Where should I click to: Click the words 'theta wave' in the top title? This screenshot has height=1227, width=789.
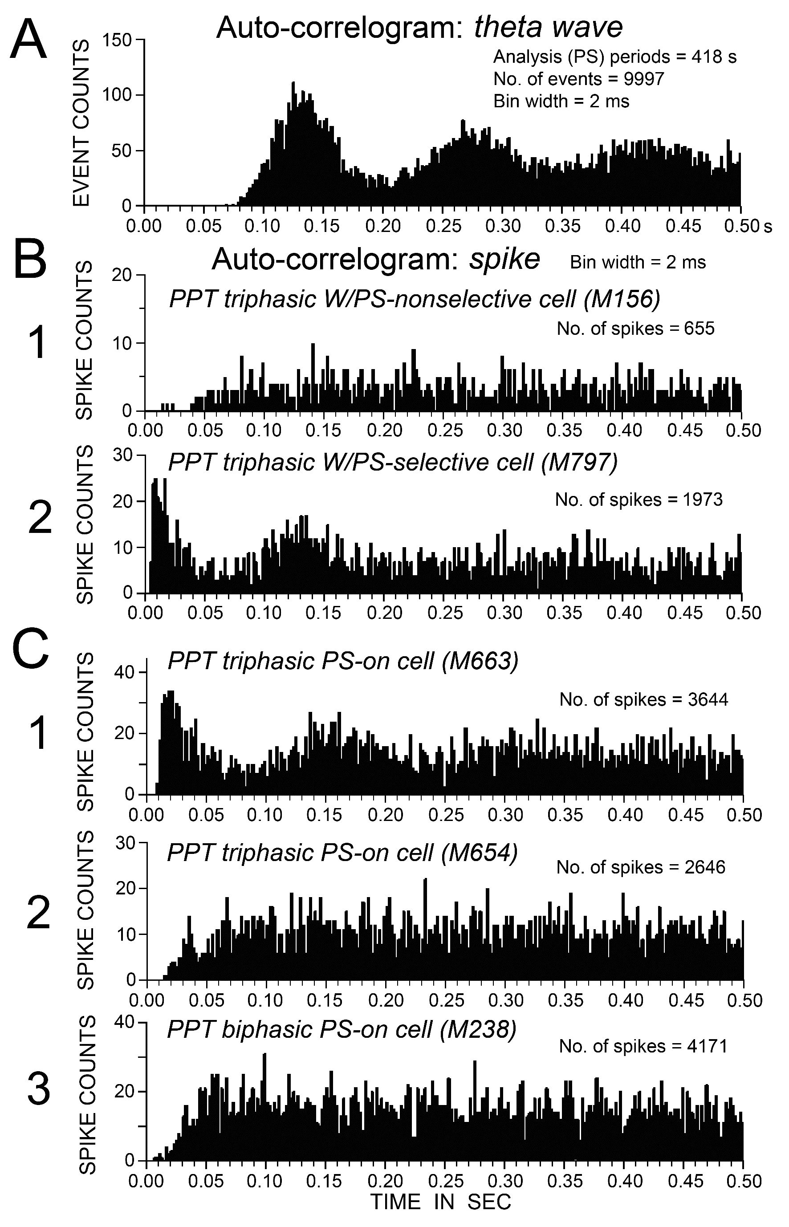pyautogui.click(x=548, y=27)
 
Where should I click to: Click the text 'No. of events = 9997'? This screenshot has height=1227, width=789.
pyautogui.click(x=579, y=78)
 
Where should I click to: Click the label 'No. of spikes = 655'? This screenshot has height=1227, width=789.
pyautogui.click(x=635, y=329)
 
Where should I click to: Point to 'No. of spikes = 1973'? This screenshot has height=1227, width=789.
pyautogui.click(x=639, y=499)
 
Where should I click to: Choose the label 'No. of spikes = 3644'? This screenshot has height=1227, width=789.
pyautogui.click(x=643, y=699)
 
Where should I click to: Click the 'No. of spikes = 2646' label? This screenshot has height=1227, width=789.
pyautogui.click(x=640, y=867)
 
